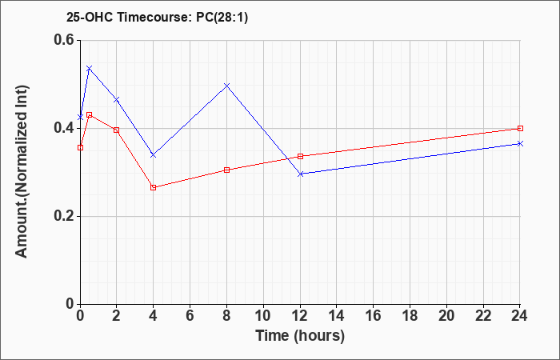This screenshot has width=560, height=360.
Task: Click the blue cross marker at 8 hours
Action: (226, 86)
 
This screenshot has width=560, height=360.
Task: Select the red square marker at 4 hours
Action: (154, 187)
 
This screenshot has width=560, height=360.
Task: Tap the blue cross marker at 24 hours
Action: (520, 143)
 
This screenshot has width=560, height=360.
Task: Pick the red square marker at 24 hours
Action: (520, 128)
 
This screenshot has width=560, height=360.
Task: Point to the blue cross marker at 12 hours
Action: (300, 174)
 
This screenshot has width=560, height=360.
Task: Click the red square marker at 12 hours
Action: (300, 156)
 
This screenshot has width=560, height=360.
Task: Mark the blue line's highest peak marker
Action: (90, 68)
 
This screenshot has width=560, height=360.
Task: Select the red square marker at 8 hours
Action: (226, 170)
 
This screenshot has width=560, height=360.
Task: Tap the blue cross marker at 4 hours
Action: (154, 155)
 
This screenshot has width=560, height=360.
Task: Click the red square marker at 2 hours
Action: (117, 130)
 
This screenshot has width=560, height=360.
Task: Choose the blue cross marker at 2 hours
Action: (117, 100)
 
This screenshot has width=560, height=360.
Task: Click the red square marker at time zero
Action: (80, 147)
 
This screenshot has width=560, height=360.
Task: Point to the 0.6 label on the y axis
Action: (64, 40)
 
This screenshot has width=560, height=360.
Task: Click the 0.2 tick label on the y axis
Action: (64, 216)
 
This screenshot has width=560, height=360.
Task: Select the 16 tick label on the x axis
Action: (374, 316)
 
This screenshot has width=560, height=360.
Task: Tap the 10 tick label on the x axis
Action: (263, 316)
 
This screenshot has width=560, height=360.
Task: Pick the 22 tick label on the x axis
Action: (483, 316)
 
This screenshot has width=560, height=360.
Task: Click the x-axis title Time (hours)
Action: (300, 336)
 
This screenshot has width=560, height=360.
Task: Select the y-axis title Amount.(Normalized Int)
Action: (22, 171)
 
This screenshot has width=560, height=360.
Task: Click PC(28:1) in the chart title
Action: (222, 17)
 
